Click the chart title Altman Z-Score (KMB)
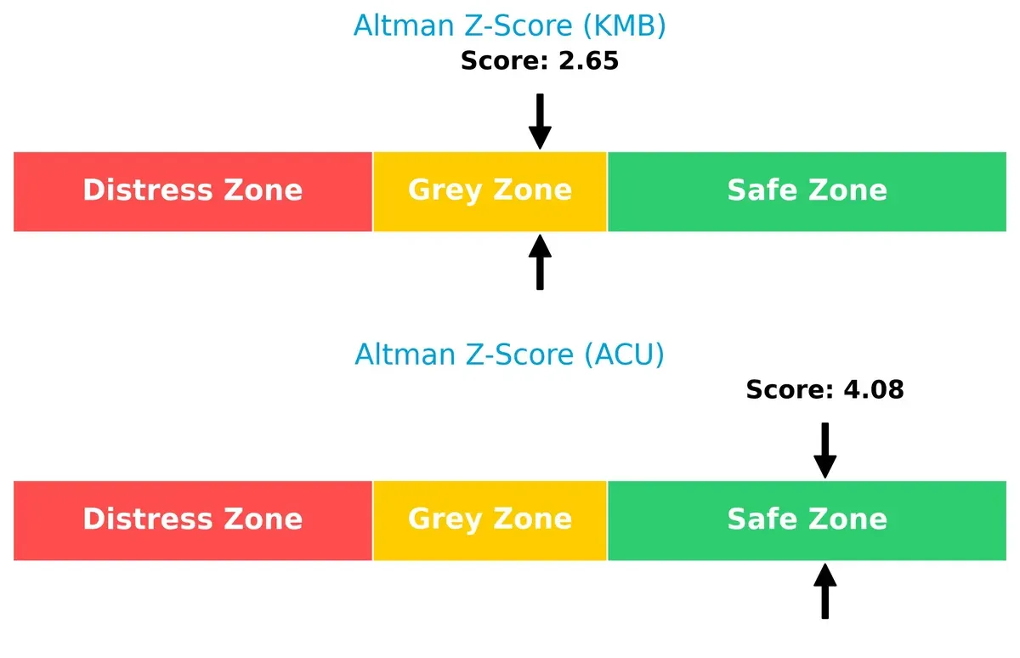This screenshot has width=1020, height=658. pos(509,26)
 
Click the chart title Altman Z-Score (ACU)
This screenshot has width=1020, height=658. pos(509,355)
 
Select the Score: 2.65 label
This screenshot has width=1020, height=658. pos(539,61)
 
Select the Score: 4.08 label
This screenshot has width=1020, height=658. pos(824,390)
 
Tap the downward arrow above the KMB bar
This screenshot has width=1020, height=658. pos(540,122)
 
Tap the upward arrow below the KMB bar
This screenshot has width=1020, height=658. pos(540,263)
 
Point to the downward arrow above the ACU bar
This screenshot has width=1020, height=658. pos(824,451)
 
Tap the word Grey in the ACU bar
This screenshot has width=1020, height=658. pos(445,519)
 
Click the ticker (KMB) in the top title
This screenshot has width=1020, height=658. pos(625,26)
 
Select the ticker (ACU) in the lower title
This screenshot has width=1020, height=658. pos(625,355)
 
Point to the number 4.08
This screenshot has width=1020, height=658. pos(872,390)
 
